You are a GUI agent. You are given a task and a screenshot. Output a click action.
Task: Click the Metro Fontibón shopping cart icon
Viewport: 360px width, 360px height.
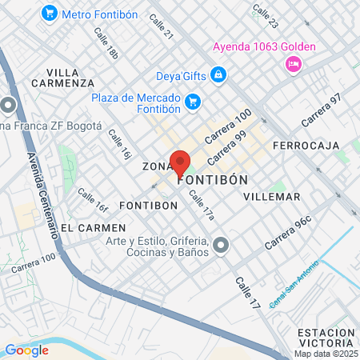(50, 13)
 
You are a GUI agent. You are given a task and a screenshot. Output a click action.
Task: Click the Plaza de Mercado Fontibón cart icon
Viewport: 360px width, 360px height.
(192, 102)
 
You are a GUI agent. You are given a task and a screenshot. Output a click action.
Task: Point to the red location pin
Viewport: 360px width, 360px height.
(180, 163)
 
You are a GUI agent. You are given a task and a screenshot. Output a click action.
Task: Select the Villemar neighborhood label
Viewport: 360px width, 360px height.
(271, 196)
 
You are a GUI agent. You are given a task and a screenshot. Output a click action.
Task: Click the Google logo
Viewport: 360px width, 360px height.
(26, 350)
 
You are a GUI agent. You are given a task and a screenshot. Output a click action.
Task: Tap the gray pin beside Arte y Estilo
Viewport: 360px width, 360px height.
(222, 245)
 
